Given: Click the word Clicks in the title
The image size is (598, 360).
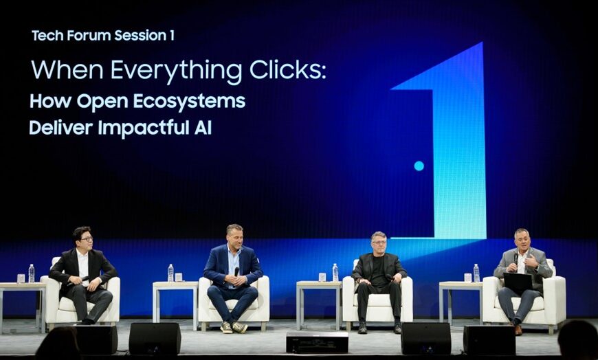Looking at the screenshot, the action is click(x=288, y=70).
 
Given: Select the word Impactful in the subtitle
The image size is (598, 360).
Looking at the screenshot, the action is click(x=144, y=128).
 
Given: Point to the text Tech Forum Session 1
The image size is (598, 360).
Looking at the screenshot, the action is click(x=103, y=36).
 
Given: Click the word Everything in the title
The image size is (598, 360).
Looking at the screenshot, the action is click(x=177, y=71).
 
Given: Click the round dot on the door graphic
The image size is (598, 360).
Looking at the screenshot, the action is click(x=419, y=166).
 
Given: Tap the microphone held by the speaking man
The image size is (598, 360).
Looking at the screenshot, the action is click(x=516, y=258).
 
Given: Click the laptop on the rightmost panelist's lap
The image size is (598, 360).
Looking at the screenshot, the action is click(x=518, y=282).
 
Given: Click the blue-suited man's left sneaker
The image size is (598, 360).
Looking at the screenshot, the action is click(x=240, y=327).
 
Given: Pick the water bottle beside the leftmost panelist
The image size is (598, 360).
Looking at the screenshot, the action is click(x=31, y=273).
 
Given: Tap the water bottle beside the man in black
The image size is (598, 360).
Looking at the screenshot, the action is click(x=335, y=273).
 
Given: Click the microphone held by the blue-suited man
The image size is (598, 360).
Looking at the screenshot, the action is click(x=236, y=271).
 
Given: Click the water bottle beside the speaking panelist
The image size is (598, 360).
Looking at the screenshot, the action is click(x=476, y=273).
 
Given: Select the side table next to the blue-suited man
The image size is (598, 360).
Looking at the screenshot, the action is click(x=175, y=302).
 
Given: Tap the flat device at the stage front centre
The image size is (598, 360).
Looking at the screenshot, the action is click(x=317, y=341).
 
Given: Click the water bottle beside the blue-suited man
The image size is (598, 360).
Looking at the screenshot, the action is click(x=170, y=273).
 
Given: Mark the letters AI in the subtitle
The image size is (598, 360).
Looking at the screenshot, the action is click(x=203, y=128).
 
